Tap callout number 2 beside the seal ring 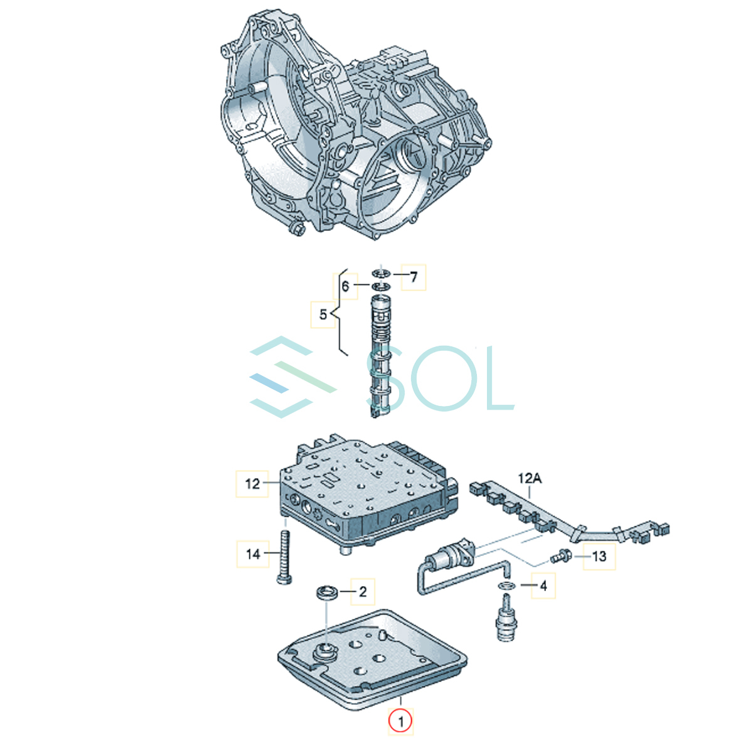pyautogui.click(x=363, y=592)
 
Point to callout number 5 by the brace pyautogui.click(x=323, y=314)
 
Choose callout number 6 pyautogui.click(x=345, y=286)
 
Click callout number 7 pyautogui.click(x=414, y=277)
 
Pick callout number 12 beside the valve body pyautogui.click(x=252, y=484)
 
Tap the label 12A pyautogui.click(x=530, y=478)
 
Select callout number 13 pyautogui.click(x=599, y=556)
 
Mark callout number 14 pyautogui.click(x=253, y=553)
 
